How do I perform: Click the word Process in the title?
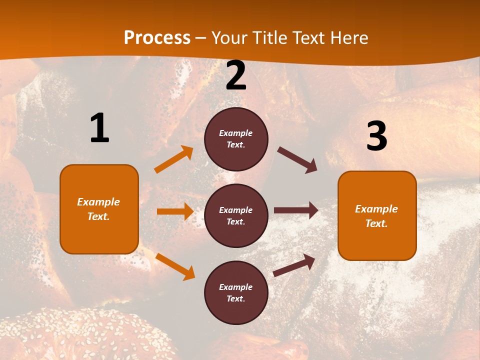pos(157,38)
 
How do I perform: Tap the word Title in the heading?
pos(270,38)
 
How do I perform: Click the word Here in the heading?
pos(348,38)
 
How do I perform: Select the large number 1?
pos(99,128)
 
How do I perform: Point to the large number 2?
pos(236,76)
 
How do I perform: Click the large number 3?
pos(376,136)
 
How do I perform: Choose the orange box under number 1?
pos(99,209)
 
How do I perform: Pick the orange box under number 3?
pos(377,215)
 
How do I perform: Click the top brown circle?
pos(236,139)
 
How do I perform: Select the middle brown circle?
pos(236,215)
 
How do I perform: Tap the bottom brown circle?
pos(236,292)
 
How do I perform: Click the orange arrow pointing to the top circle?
pos(174,159)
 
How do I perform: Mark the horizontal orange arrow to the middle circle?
pos(175,211)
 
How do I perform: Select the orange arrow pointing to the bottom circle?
pos(175,266)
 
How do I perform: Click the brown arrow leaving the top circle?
pos(297,160)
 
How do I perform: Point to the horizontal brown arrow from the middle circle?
pos(296,210)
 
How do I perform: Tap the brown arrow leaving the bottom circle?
pos(294,265)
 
